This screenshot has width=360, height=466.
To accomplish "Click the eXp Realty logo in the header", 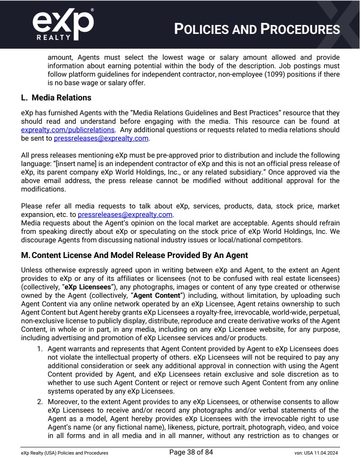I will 63,25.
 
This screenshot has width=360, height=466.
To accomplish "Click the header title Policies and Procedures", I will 257,29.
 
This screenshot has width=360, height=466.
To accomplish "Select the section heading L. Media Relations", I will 56,98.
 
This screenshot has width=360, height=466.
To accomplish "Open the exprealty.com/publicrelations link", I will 68,130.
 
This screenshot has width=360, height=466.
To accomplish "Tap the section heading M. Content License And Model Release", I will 134,255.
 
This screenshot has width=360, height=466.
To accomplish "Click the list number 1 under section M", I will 41,349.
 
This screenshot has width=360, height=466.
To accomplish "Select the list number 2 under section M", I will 41,402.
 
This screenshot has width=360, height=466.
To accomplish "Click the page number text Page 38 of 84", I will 191,452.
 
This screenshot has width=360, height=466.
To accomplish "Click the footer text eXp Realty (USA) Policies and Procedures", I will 64,453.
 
